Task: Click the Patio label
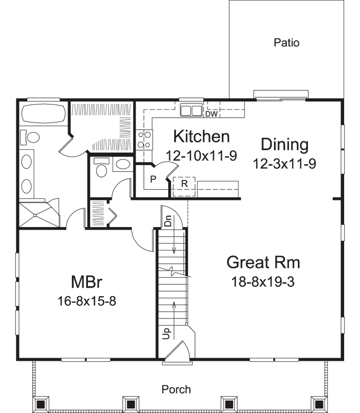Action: (287, 43)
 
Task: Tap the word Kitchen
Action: (201, 136)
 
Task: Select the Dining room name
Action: (285, 145)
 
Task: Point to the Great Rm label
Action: (263, 262)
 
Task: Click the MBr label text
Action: (86, 282)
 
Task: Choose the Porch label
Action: (176, 389)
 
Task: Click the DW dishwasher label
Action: (211, 114)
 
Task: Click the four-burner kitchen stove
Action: (144, 139)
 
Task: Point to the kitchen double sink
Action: (191, 110)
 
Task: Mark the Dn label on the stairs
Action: (167, 222)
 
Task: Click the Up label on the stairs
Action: (167, 331)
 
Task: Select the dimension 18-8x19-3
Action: (263, 282)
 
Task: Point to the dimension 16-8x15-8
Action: (86, 301)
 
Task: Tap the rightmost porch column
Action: (318, 404)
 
